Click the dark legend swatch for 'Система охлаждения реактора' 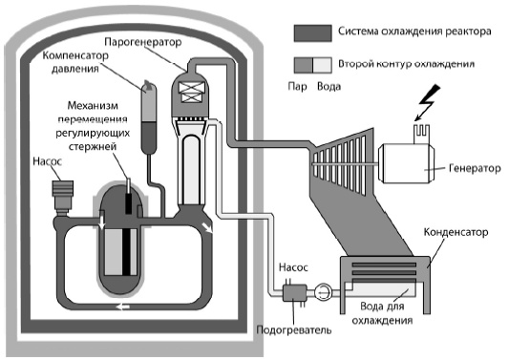(x=311, y=32)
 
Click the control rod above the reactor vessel (x=126, y=181)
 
